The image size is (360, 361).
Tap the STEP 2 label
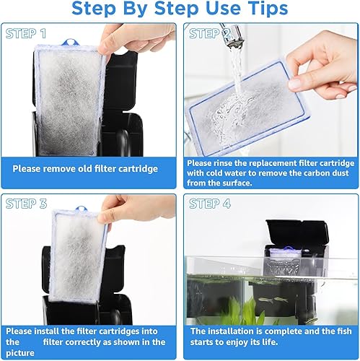210,34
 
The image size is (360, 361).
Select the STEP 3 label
26,204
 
